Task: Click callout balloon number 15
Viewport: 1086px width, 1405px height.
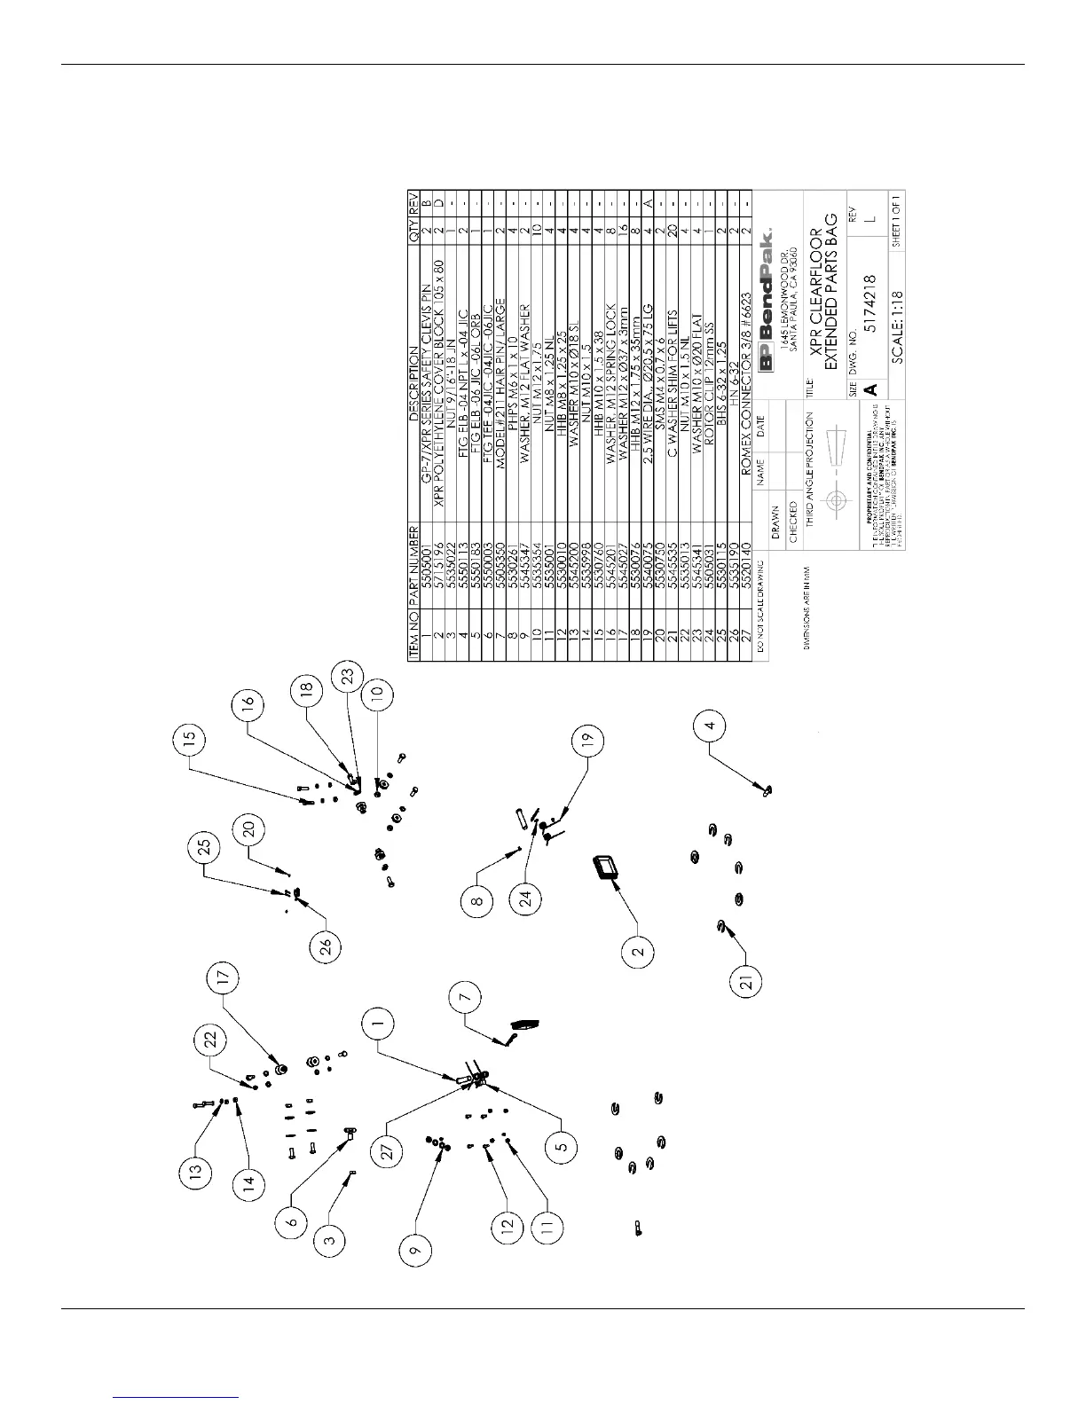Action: [x=190, y=739]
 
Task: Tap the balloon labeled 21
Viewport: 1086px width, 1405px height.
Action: [x=746, y=982]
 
